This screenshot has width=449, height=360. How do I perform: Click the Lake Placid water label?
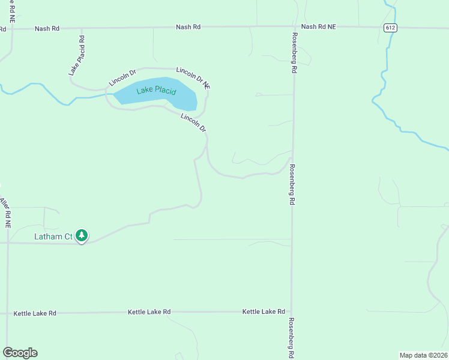click(156, 91)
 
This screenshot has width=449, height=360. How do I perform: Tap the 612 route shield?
click(391, 28)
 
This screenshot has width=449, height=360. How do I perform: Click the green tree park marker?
click(82, 236)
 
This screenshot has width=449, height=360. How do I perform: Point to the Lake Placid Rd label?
click(76, 55)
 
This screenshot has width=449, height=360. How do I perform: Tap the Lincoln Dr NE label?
click(193, 77)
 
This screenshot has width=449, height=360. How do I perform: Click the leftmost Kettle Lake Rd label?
click(35, 313)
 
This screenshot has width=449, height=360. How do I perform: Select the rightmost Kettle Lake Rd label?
click(264, 311)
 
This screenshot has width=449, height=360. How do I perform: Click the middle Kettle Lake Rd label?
click(149, 312)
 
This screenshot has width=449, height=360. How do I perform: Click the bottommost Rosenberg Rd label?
click(292, 337)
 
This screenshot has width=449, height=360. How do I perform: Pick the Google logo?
click(20, 353)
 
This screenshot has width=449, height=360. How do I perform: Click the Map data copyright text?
click(423, 355)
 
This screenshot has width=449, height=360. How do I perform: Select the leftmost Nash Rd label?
click(47, 28)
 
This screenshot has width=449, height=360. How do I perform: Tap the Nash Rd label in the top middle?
click(188, 27)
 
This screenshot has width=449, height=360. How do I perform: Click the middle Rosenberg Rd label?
click(292, 185)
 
